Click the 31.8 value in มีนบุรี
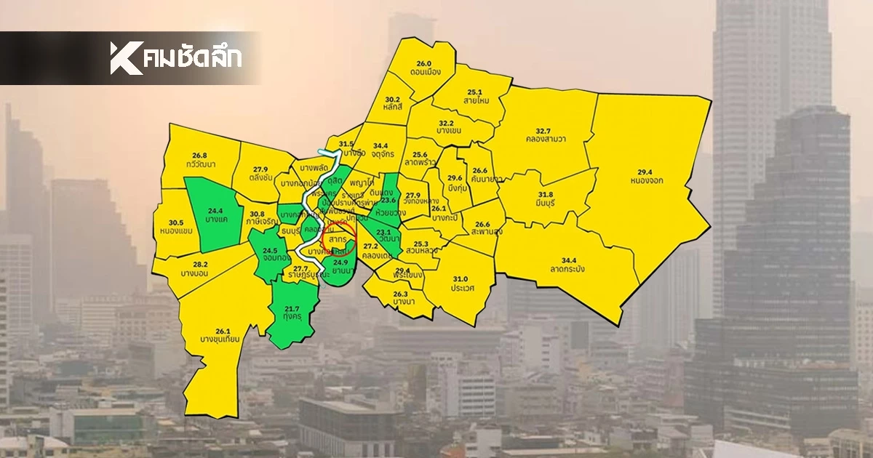(x=546, y=195)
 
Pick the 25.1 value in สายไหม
(x=476, y=92)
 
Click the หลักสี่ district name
(x=393, y=108)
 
